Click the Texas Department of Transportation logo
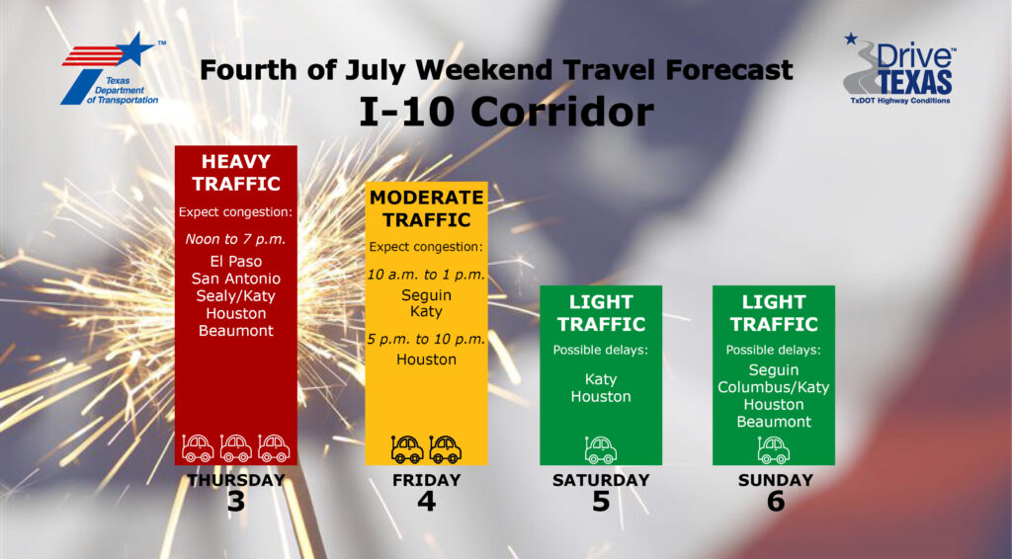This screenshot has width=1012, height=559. tap(111, 70)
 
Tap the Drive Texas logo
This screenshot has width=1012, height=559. tap(899, 69)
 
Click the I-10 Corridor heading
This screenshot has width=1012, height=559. tap(506, 112)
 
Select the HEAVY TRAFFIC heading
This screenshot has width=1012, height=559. tap(236, 172)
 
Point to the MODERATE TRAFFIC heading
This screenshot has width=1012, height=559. tap(426, 208)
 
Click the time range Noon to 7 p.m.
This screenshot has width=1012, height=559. tap(235, 239)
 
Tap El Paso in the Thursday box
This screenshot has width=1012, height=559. tap(235, 261)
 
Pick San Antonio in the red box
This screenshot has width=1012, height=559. tap(235, 279)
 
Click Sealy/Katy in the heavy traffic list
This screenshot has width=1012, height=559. tap(235, 296)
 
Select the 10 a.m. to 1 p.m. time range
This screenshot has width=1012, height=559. tap(426, 275)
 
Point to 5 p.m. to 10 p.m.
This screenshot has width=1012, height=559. tap(426, 339)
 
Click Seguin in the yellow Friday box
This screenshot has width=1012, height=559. tap(426, 295)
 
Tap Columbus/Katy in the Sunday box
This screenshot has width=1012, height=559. tap(773, 387)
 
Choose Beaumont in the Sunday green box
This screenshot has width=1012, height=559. tap(773, 422)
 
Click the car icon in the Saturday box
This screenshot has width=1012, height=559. tap(601, 449)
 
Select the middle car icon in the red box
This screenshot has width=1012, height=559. tap(235, 447)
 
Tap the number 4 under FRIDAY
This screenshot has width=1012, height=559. tap(426, 502)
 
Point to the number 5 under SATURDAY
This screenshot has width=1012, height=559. tap(601, 502)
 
